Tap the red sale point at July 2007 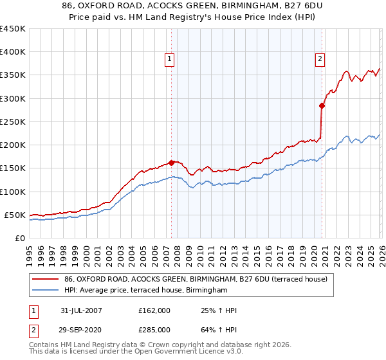[172, 163]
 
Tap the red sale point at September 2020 [322, 105]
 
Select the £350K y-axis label [13, 75]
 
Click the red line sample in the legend [45, 279]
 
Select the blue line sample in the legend [45, 291]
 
